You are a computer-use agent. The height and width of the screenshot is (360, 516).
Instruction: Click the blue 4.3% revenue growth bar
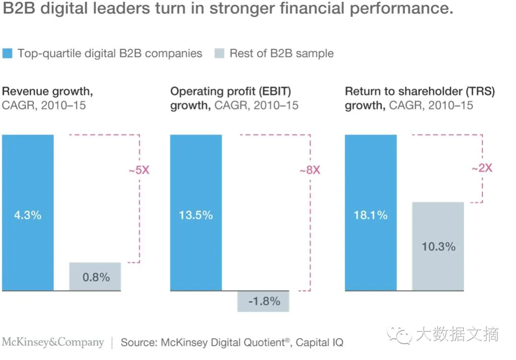point(28,212)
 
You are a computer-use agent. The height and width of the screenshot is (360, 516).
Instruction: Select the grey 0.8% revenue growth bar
point(95,276)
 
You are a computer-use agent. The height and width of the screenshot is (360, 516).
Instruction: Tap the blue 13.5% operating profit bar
point(196,212)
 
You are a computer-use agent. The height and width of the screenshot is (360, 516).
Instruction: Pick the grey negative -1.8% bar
point(263,301)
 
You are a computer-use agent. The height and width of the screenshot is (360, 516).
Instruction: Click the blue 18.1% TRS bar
point(371,212)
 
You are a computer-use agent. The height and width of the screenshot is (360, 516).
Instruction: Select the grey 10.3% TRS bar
point(438,246)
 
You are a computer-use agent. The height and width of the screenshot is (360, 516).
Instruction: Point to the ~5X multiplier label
point(139,170)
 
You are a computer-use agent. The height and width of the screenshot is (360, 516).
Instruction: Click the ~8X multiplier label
point(309,170)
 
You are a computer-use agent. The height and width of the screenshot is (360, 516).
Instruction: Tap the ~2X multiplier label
point(482,168)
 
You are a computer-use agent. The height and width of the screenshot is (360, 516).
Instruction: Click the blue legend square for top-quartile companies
point(8,53)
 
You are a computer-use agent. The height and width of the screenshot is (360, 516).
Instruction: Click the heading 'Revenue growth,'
point(47,91)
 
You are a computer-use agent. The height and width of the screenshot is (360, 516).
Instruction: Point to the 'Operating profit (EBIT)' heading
point(231,91)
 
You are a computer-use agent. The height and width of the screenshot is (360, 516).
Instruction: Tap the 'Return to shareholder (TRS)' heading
point(420,91)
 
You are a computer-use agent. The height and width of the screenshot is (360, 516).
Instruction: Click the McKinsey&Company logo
point(53,342)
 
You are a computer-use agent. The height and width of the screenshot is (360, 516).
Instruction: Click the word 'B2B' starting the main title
point(19,9)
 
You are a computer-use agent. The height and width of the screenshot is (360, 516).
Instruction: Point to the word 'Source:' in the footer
point(139,343)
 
